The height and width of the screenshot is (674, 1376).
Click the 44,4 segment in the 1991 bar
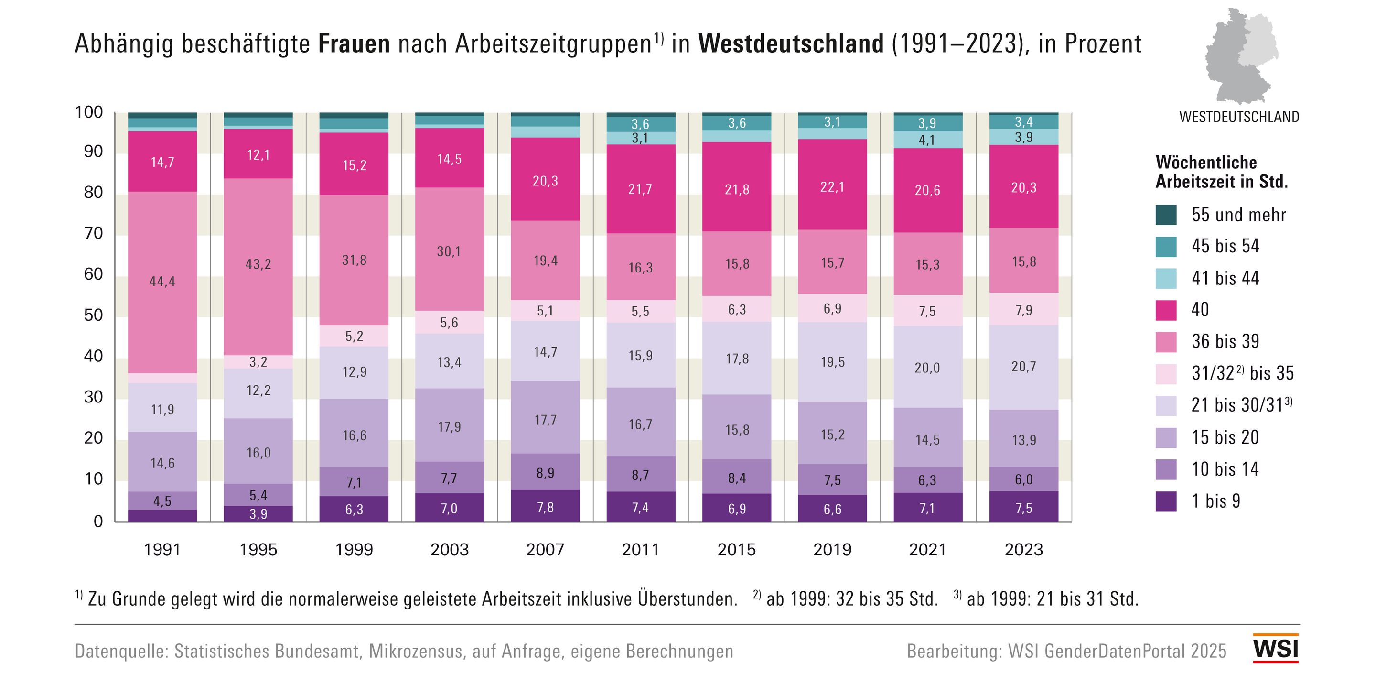pos(162,282)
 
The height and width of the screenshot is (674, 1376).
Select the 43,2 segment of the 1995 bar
pos(258,264)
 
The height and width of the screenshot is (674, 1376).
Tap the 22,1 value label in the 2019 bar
pos(832,187)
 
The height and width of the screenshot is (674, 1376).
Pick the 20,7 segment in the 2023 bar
pos(1023,367)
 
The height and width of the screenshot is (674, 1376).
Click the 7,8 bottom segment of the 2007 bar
pos(545,507)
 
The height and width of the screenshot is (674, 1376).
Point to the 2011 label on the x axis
pos(640,549)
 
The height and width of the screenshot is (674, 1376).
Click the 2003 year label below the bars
pos(449,549)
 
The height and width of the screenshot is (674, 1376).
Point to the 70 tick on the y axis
pos(94,234)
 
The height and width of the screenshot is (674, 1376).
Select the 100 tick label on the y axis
pos(89,112)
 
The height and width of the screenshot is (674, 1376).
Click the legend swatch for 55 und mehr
pos(1166,215)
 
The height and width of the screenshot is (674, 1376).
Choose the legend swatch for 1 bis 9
pos(1166,501)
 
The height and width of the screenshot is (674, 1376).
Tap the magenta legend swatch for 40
pos(1166,310)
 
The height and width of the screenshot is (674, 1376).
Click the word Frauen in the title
pos(354,44)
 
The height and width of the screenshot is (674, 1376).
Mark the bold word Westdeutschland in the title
pos(791,44)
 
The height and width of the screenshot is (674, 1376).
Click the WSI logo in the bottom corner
pos(1275,649)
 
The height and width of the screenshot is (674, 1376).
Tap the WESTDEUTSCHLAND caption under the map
pos(1239,117)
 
